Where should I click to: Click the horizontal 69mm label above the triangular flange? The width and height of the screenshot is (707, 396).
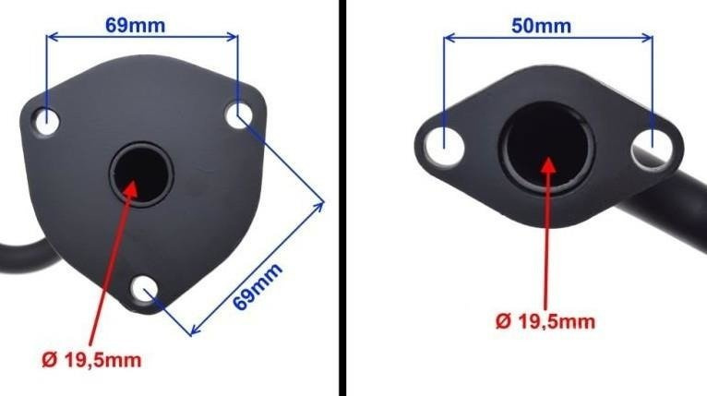136,25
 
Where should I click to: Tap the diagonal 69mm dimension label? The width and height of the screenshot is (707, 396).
258,286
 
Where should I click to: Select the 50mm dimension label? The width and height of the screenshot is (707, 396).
541,26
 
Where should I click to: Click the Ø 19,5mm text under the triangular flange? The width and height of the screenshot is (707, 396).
91,360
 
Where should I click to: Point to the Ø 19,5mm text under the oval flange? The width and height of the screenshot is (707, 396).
545,321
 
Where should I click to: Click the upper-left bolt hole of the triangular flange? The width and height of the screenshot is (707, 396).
47,120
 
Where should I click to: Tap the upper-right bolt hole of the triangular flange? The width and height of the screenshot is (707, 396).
238,115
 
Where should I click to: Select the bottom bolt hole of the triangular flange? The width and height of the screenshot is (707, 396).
144,290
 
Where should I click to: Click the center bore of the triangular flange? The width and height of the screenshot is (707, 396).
141,174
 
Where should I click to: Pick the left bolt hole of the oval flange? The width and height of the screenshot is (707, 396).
445,145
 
